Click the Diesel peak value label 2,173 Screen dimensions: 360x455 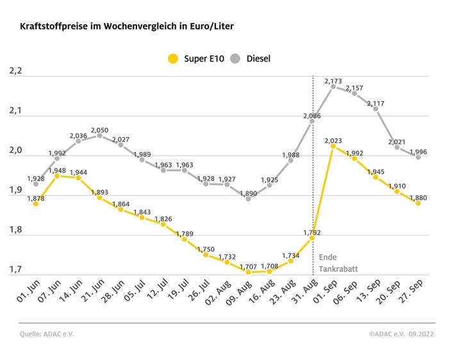pos(333,81)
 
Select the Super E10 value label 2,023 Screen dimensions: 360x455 pos(333,140)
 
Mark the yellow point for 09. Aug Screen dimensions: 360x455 pos(249,272)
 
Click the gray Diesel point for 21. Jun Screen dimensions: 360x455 pos(99,135)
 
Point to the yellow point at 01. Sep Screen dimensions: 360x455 pos(333,146)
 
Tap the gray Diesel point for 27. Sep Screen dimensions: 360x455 pos(418,157)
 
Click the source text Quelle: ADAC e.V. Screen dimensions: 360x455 pos(43,334)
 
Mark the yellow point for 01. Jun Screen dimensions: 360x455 pos(35,204)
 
